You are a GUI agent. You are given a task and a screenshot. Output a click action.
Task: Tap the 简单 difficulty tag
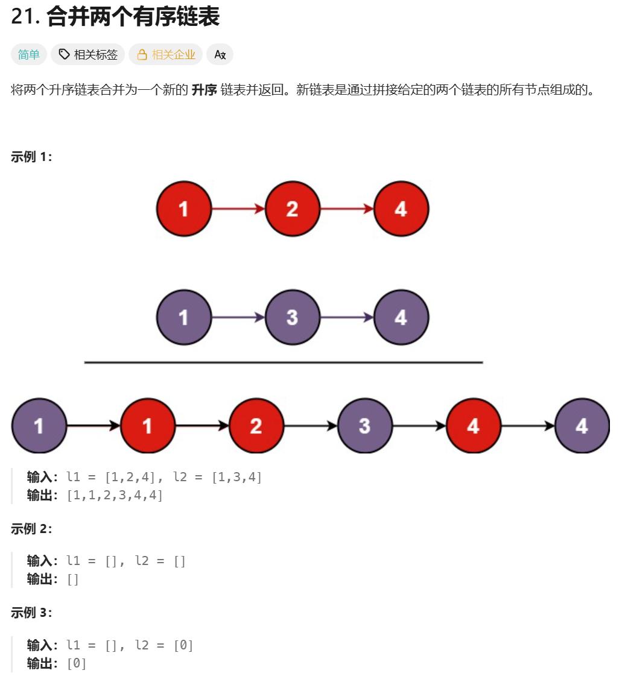click(x=28, y=55)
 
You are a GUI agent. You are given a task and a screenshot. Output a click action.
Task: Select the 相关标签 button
click(x=87, y=55)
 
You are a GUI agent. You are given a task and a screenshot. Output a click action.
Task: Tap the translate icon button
click(x=220, y=55)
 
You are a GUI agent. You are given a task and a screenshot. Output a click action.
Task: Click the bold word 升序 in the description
click(x=203, y=91)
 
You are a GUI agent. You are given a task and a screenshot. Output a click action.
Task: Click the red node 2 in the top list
click(x=292, y=209)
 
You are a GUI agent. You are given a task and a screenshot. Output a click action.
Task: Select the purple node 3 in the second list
click(x=292, y=317)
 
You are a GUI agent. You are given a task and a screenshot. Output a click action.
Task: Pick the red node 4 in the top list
click(x=401, y=209)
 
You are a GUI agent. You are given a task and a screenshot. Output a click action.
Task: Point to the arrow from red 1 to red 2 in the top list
click(x=238, y=209)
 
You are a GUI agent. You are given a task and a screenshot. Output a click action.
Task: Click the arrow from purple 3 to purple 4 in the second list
click(x=346, y=317)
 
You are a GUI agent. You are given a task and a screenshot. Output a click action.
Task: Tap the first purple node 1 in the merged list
click(x=39, y=426)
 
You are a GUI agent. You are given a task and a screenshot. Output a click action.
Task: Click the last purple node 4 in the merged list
click(x=582, y=426)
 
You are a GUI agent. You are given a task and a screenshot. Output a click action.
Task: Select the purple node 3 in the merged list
click(x=364, y=426)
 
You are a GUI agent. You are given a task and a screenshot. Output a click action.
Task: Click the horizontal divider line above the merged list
click(x=284, y=362)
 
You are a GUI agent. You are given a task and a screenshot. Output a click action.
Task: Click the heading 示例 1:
click(x=31, y=157)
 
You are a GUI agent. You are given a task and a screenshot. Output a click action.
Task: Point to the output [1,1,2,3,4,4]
click(x=115, y=495)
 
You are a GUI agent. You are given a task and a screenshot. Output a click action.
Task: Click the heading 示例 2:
click(x=31, y=529)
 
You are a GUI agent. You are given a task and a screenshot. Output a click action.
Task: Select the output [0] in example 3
click(x=77, y=663)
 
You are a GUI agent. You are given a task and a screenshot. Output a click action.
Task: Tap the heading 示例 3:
click(x=31, y=613)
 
